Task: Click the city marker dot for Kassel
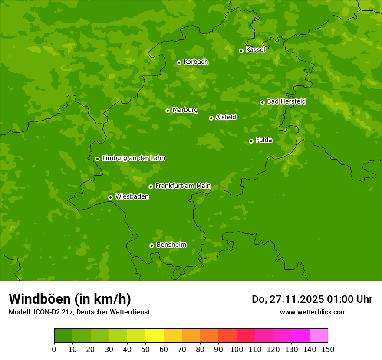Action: point(241,51)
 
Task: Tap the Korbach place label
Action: point(196,62)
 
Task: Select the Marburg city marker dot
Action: point(168,111)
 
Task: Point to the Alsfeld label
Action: point(226,117)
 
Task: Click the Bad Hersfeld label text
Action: point(286,101)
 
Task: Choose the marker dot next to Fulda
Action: point(251,141)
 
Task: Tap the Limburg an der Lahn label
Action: point(133,158)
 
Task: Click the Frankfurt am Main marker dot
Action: point(151,187)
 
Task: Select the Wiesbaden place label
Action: point(132,197)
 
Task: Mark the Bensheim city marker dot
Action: point(151,245)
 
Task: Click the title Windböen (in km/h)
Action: point(70,299)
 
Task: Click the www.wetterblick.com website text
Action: point(313,312)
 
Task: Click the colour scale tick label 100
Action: point(237,349)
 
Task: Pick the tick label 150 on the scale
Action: point(328,349)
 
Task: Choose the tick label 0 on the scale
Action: point(54,349)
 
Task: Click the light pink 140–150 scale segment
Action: point(319,335)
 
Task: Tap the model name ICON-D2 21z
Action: point(53,312)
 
